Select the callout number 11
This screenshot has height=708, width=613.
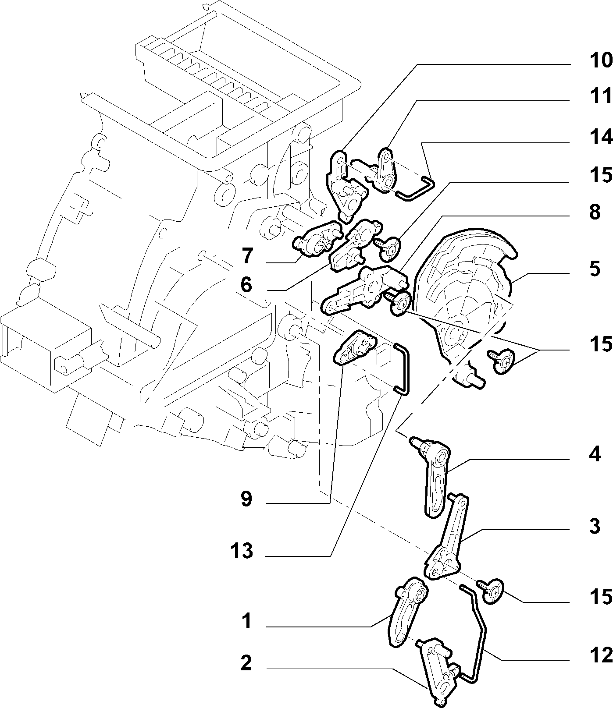pos(600,96)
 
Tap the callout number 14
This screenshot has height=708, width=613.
pos(600,138)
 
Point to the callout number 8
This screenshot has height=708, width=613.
pos(594,212)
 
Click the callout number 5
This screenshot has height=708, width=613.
pos(594,269)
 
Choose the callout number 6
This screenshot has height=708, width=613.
pos(246,285)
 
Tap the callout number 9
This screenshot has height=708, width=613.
pos(246,499)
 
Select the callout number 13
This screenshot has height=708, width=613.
pos(242,551)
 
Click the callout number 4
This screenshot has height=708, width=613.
pos(594,454)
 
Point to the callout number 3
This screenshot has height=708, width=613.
pos(594,526)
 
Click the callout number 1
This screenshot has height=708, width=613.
pos(246,621)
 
